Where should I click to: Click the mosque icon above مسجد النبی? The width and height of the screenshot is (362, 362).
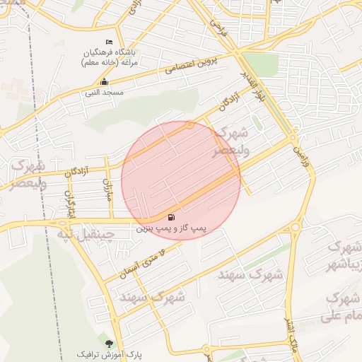(105, 82)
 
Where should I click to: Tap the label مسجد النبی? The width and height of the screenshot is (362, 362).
(104, 93)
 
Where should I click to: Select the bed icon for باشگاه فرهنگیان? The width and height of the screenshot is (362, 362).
(108, 44)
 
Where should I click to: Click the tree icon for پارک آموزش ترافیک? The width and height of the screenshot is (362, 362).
(108, 343)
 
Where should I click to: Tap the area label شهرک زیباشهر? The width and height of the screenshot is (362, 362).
(343, 257)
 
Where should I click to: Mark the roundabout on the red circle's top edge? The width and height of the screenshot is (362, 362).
(189, 125)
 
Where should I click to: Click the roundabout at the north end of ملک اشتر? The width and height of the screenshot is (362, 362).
(295, 227)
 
